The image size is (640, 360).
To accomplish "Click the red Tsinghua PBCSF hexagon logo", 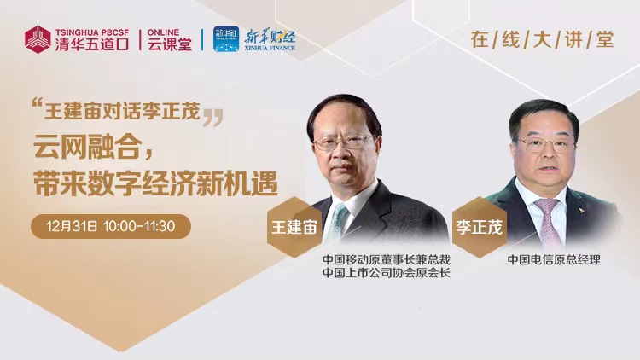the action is [38, 39].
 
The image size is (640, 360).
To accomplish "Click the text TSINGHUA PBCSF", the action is [92, 32].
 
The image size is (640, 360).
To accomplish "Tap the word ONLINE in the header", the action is [163, 32].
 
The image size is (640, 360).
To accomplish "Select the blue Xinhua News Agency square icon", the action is [226, 39].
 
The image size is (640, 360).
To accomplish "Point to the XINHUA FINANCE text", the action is [270, 48].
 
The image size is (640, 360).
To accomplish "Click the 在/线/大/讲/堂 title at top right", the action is [542, 39].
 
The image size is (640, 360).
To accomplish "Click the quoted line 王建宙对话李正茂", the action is [122, 111].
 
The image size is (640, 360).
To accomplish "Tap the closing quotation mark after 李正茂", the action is [213, 118].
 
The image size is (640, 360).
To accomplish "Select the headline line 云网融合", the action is [94, 147].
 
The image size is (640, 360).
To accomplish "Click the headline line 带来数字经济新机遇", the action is [155, 183].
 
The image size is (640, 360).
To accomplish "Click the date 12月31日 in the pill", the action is [72, 226].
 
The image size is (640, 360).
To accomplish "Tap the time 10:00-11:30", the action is [139, 226].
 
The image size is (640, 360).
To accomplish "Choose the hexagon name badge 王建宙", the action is [294, 227].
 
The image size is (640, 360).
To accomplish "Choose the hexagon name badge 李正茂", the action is [480, 227].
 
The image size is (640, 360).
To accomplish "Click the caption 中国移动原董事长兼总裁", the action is [386, 259].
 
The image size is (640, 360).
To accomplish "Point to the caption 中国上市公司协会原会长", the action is [386, 273].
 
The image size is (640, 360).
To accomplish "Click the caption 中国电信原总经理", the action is [554, 259].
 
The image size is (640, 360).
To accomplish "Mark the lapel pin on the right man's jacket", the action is [579, 211].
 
